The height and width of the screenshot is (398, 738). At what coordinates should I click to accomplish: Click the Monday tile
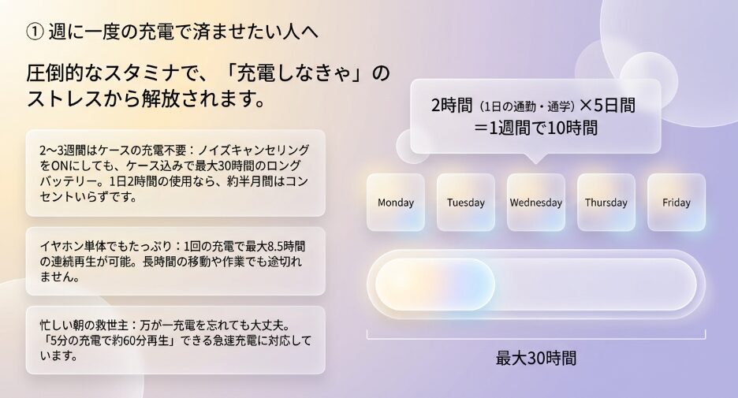(396, 203)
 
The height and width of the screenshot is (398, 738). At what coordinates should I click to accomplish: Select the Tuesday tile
(466, 203)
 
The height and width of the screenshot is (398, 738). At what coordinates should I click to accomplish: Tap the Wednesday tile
(536, 203)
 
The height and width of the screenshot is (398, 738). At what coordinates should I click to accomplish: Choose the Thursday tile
(606, 203)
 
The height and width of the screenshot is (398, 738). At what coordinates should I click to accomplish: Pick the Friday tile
(676, 203)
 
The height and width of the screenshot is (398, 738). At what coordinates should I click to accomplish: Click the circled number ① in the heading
(35, 32)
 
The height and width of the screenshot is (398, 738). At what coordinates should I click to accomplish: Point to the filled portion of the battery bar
(435, 285)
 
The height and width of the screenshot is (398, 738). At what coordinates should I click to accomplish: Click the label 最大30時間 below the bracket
(536, 359)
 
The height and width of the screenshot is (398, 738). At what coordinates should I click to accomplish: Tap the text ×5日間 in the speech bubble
(607, 106)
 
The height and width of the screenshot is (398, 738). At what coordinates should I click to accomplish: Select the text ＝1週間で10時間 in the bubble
(535, 128)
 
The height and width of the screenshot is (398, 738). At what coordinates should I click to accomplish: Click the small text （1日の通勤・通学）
(527, 107)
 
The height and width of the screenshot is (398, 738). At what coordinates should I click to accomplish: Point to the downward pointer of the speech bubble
(535, 158)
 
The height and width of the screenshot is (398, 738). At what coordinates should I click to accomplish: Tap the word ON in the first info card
(58, 166)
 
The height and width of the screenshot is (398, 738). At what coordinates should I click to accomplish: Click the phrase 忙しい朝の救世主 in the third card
(84, 325)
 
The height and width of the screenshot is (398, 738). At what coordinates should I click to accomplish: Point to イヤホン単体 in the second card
(69, 246)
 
